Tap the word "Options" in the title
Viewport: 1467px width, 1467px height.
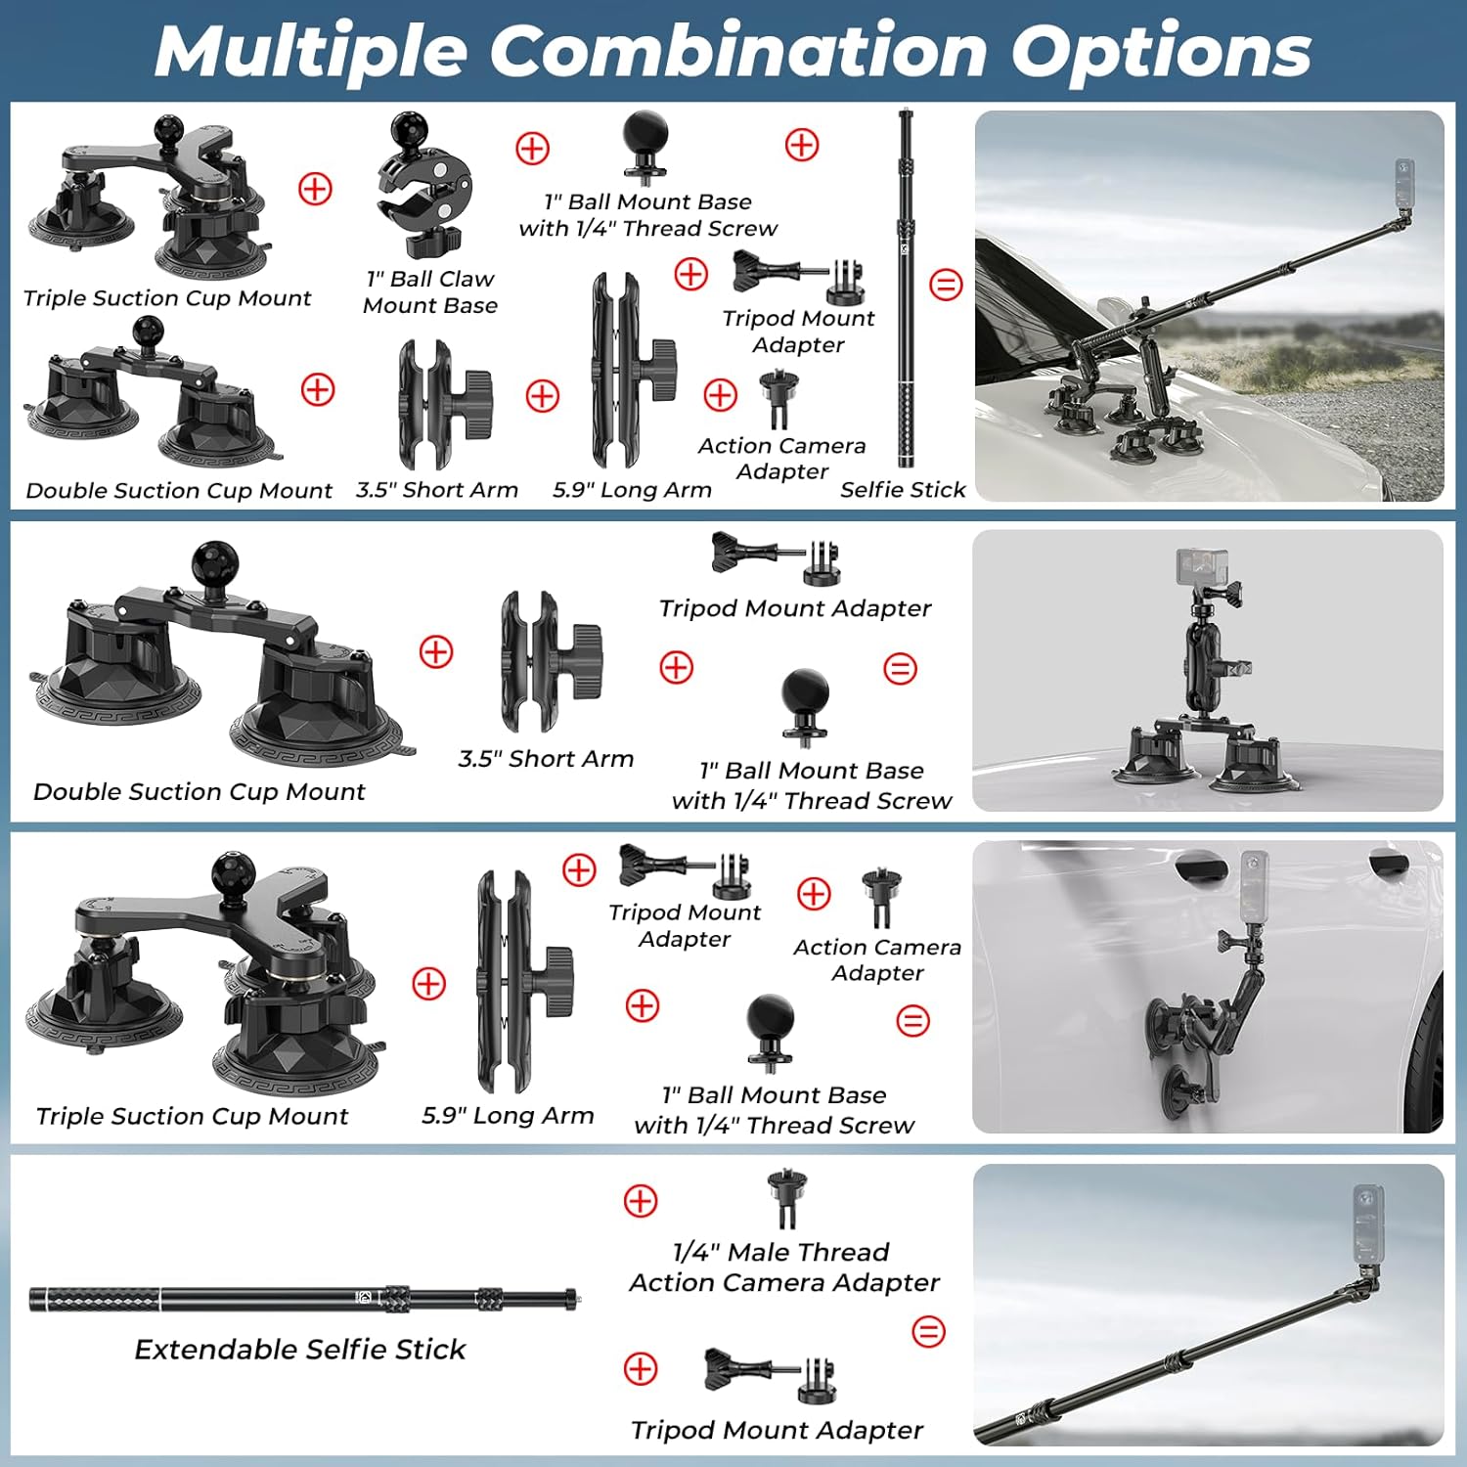tap(1161, 52)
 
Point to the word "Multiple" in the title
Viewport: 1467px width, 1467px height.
tap(311, 52)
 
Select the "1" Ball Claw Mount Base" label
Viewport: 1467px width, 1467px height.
tap(430, 292)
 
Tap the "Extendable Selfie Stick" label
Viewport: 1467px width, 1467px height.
tap(300, 1350)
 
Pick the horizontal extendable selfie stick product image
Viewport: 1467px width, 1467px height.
tap(303, 1299)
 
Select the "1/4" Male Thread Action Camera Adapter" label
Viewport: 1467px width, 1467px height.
tap(784, 1267)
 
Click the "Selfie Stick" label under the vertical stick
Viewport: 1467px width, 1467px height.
tap(903, 490)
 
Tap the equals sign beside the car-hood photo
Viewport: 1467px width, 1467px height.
tap(946, 285)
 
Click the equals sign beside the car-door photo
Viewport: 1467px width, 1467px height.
tap(913, 1021)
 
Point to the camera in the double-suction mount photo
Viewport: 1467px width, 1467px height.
tap(1200, 567)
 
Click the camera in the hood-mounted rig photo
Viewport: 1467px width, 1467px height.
tap(1405, 184)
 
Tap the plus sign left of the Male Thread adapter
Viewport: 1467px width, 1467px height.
tap(641, 1201)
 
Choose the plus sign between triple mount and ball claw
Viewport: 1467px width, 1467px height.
tap(315, 189)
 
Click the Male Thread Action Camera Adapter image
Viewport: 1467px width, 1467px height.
tap(785, 1198)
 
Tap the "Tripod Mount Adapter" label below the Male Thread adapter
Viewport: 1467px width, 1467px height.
tap(777, 1431)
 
